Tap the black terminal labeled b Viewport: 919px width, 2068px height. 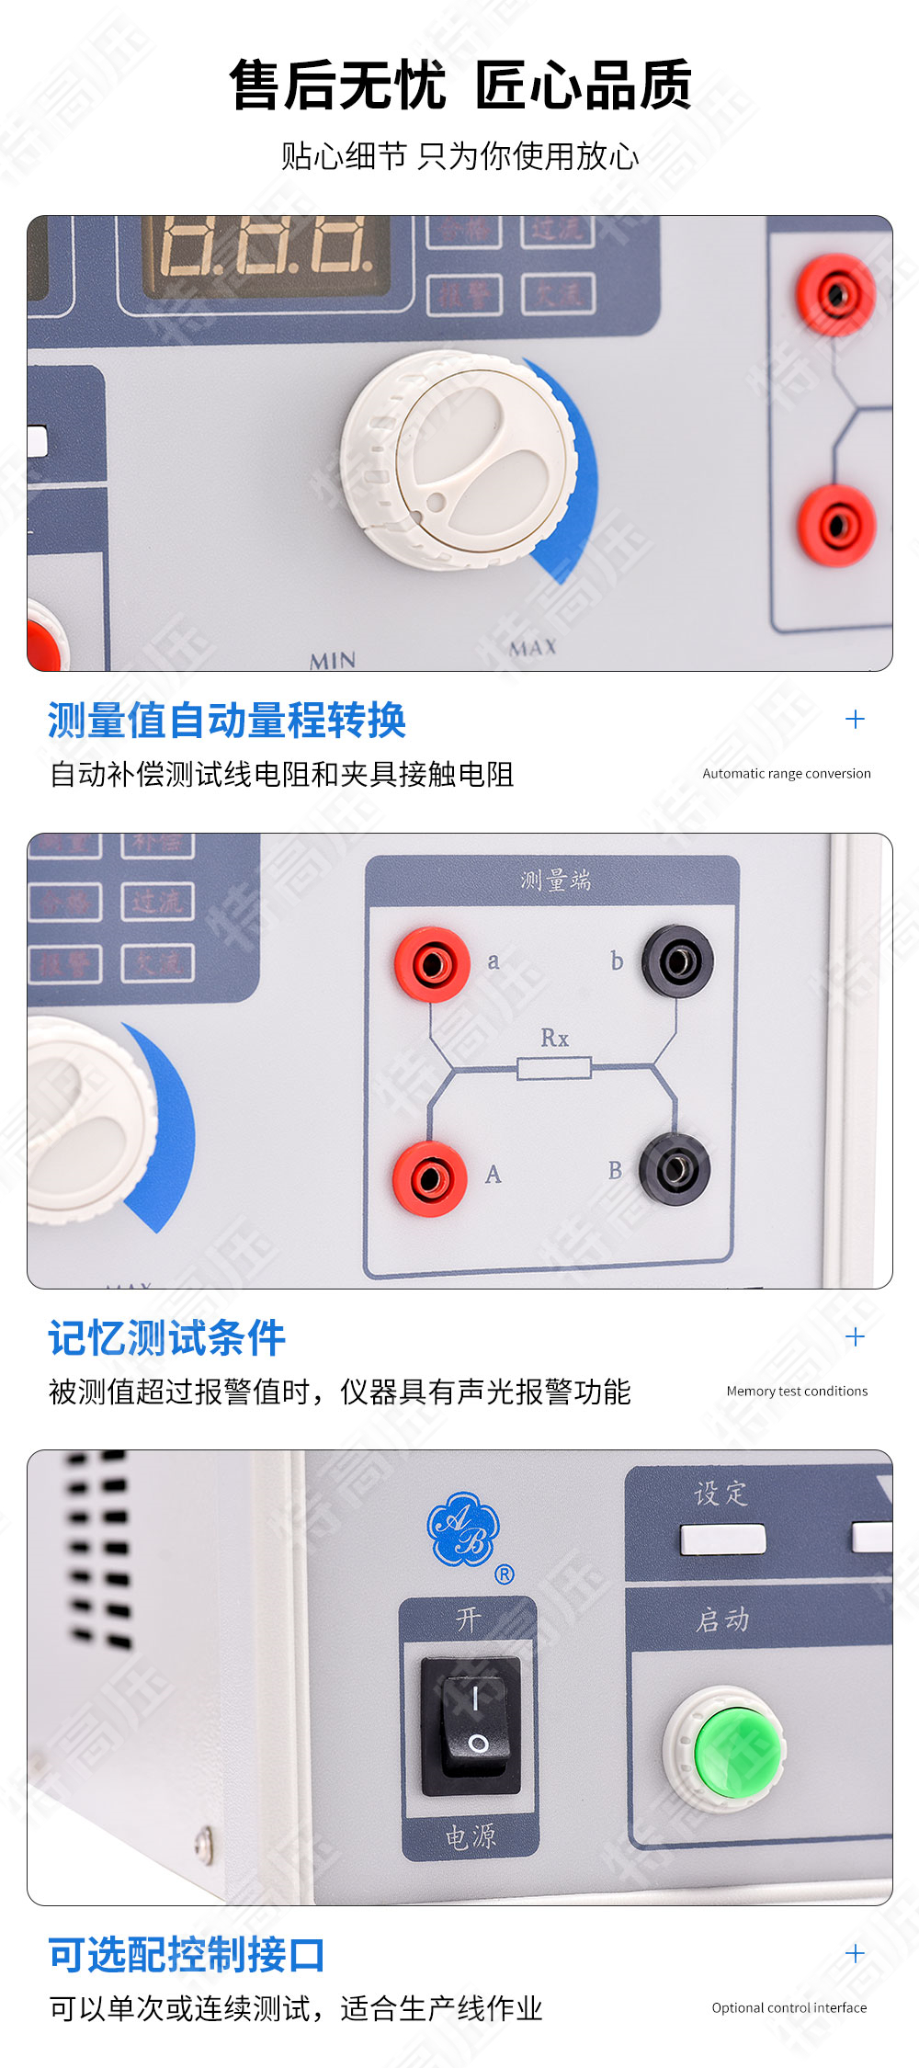[678, 962]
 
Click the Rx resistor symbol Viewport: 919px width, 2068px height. [553, 1068]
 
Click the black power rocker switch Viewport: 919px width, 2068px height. [471, 1725]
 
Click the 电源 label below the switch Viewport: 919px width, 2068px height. [471, 1836]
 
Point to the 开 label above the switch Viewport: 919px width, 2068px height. [469, 1619]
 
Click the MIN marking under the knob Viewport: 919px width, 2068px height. [333, 660]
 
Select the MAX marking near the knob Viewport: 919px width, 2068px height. [533, 648]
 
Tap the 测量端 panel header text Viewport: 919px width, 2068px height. [555, 881]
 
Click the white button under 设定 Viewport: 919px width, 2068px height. [722, 1539]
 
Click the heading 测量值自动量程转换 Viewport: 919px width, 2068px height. [227, 720]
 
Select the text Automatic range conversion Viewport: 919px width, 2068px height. [787, 773]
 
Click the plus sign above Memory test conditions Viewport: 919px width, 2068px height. [855, 1336]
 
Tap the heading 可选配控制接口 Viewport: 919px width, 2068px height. [187, 1954]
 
